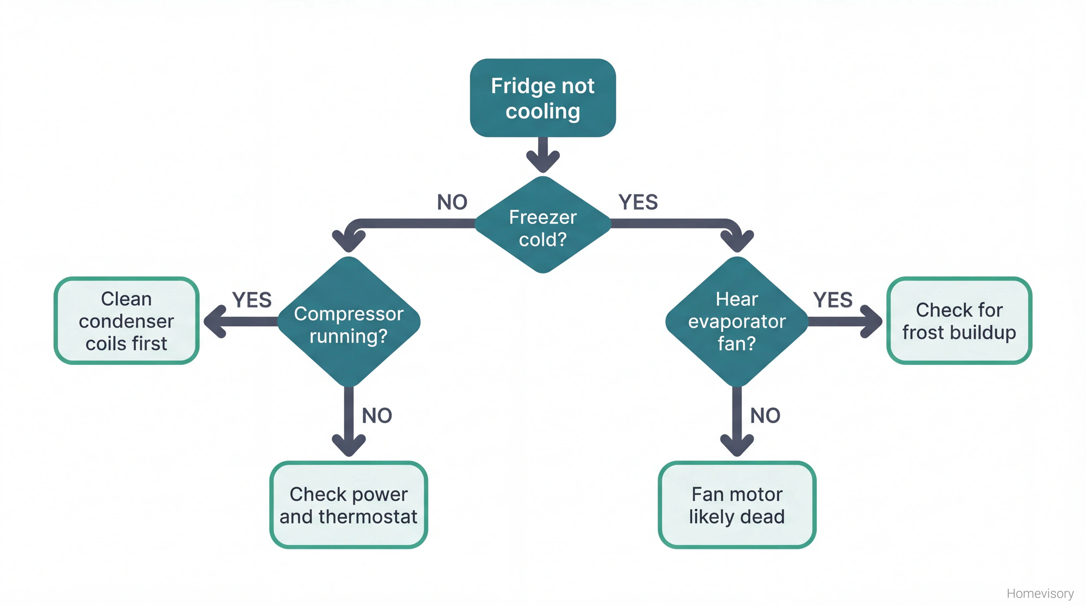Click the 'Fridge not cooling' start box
tap(542, 98)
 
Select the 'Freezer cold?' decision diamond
tap(542, 225)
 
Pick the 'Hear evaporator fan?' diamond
tap(737, 321)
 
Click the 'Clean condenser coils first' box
tap(127, 321)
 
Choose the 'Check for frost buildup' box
tap(959, 321)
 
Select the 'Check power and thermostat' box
tap(349, 505)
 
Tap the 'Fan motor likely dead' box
tap(737, 505)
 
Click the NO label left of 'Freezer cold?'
tap(452, 203)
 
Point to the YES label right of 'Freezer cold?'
tap(638, 203)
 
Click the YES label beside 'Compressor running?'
tap(251, 300)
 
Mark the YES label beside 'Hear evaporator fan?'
tap(832, 300)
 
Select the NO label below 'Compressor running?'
tap(377, 416)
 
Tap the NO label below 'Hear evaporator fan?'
tap(765, 416)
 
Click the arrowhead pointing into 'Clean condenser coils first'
tap(215, 321)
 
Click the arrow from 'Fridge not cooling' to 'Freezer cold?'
tap(542, 154)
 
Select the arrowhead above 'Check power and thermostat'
tap(349, 445)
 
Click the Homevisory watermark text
tap(1040, 594)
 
